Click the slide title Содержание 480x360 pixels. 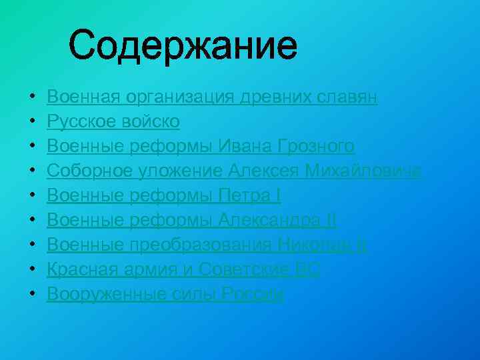(183, 46)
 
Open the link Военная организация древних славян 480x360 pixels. (212, 97)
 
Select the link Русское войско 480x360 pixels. (113, 122)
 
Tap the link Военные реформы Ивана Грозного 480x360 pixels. (200, 147)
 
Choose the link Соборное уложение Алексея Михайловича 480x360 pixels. (233, 171)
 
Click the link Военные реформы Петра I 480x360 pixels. (164, 196)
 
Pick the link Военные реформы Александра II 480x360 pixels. (192, 221)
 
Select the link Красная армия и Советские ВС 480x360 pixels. (183, 270)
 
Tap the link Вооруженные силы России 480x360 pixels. (165, 295)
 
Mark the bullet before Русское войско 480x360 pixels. (33, 123)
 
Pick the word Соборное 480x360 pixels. (85, 171)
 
